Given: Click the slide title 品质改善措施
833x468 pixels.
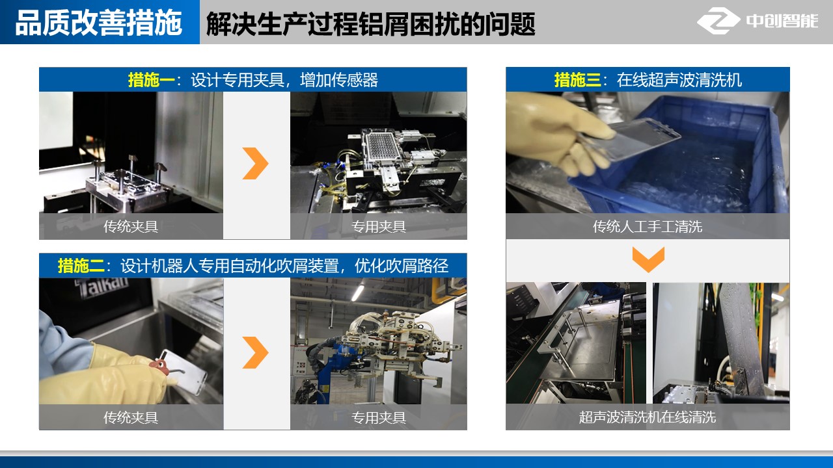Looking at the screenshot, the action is click(98, 23).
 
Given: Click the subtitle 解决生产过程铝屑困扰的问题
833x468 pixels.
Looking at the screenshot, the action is click(370, 24).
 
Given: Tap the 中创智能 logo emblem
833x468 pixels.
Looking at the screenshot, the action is click(718, 21).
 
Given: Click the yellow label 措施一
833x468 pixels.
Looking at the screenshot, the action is click(151, 80).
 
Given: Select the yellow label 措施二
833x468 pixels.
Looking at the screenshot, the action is click(81, 266).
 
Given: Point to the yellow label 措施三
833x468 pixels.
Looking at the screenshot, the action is click(577, 80).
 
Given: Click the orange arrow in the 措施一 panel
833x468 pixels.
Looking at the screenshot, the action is click(256, 163).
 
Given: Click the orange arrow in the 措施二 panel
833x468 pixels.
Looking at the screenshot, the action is click(256, 352).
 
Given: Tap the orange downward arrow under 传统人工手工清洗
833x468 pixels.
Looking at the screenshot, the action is click(648, 259).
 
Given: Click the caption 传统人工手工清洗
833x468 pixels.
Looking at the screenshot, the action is click(648, 227).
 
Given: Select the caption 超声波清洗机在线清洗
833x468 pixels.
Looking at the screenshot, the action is click(648, 417).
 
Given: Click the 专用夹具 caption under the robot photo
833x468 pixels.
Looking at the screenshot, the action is click(379, 417).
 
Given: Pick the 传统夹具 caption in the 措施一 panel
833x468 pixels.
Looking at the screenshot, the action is click(131, 227).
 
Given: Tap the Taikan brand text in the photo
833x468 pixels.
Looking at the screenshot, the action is click(101, 287).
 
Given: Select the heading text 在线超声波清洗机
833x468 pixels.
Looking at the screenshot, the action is click(679, 80).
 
